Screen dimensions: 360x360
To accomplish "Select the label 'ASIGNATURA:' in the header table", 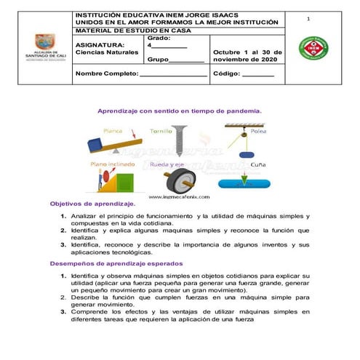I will click(96, 44).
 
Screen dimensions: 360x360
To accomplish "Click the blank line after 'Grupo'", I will click(187, 60).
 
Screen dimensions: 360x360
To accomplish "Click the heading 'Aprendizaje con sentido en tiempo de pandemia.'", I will click(179, 111).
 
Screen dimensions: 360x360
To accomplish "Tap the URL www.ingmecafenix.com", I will click(179, 196).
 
